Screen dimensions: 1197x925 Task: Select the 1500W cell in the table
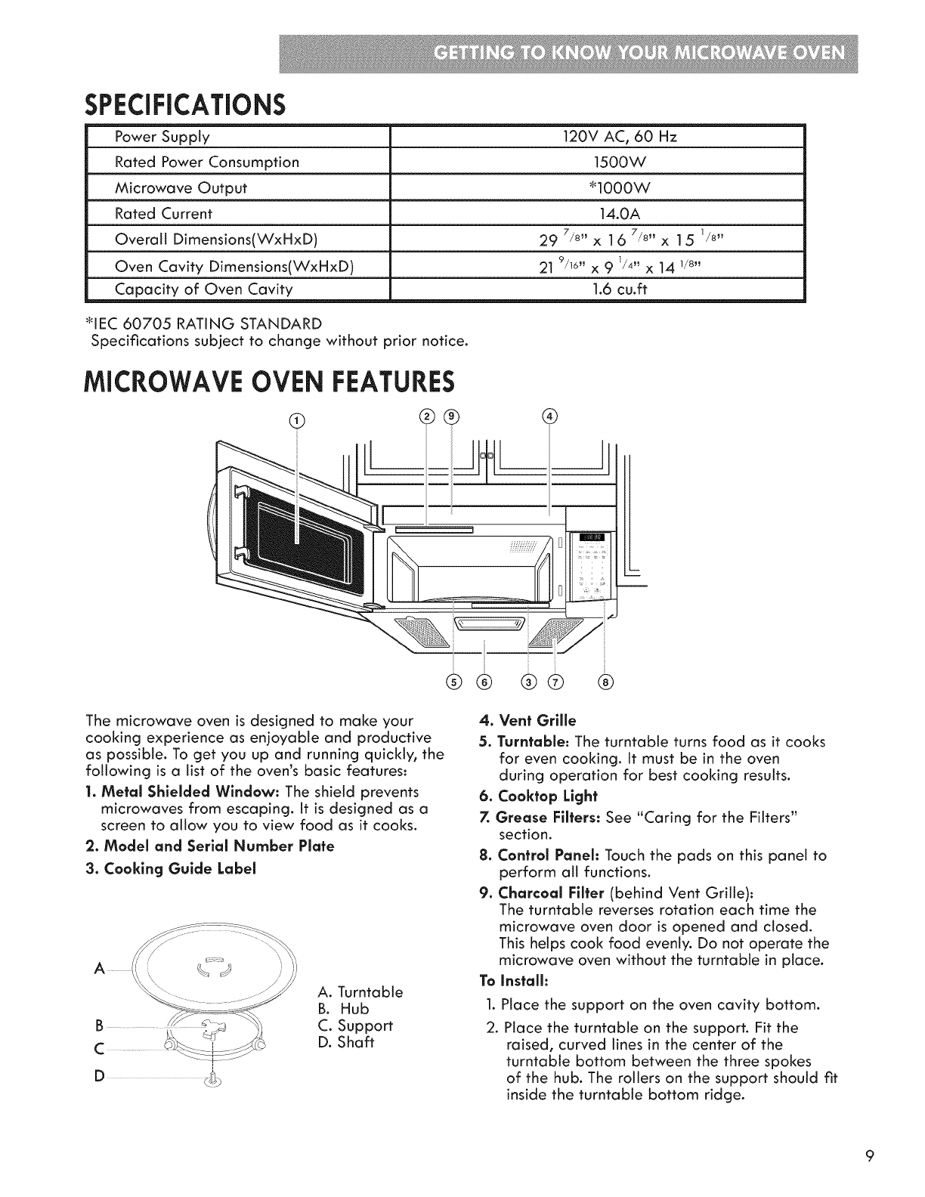tap(597, 162)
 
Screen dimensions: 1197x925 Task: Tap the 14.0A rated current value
tap(597, 213)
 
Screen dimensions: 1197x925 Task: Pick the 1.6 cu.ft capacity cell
tap(597, 289)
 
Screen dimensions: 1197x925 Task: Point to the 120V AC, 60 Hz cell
tap(597, 137)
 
